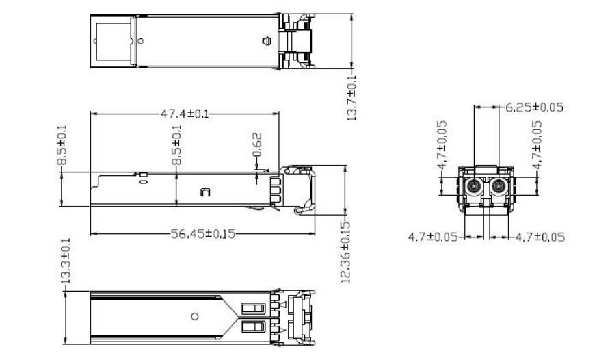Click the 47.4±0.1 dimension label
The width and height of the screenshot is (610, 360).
[185, 114]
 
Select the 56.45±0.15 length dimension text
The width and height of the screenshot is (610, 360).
[203, 233]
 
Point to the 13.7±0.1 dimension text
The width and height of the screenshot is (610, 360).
[352, 98]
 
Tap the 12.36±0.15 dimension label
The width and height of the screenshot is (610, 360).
[345, 252]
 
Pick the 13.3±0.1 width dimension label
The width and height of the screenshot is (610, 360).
[66, 261]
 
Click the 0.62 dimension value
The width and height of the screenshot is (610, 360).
[257, 145]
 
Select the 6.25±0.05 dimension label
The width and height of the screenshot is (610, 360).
[535, 107]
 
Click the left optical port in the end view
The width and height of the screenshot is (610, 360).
[474, 186]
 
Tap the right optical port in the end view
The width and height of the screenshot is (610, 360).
[499, 186]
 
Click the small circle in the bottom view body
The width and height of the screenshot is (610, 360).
[195, 316]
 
